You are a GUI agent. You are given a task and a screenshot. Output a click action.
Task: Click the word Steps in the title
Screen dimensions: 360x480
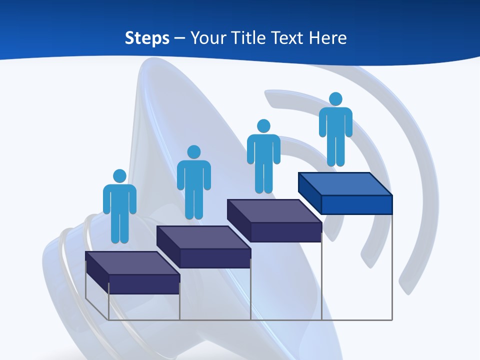coord(147,38)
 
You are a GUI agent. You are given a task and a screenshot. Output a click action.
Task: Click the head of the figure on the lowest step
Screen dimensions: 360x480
coord(119,176)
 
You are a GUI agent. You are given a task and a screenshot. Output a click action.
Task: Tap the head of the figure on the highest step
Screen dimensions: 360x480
coord(335,99)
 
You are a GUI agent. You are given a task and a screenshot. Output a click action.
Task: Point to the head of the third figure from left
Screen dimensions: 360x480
coord(263,126)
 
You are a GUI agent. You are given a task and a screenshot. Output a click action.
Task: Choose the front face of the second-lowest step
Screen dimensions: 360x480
coord(215,258)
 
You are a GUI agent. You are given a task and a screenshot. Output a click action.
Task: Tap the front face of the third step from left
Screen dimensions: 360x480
coord(286,232)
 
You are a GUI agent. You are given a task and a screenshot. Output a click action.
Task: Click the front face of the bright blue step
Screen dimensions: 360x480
coord(356,204)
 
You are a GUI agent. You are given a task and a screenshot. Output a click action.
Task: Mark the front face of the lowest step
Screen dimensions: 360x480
coord(144,284)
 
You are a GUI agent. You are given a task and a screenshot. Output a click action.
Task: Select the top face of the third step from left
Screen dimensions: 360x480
coord(274,210)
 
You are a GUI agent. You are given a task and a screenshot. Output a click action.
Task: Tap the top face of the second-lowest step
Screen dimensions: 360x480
coord(203,237)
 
